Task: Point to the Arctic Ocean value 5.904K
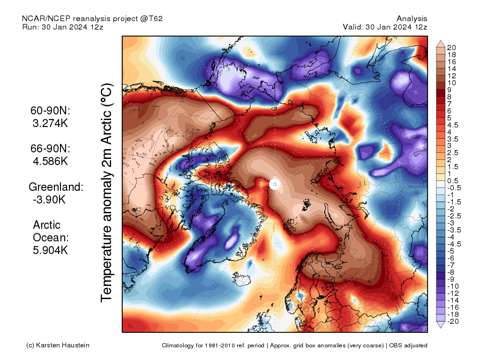click(x=51, y=250)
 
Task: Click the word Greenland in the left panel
click(x=56, y=187)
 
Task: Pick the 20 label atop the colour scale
click(x=452, y=48)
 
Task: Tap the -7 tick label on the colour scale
click(x=450, y=265)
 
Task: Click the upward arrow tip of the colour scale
click(x=440, y=42)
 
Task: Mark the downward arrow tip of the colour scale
click(x=440, y=326)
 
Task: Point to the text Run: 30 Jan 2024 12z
click(x=63, y=27)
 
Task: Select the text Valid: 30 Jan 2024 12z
click(x=385, y=27)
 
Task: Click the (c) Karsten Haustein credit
click(x=58, y=345)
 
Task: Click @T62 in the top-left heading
click(x=151, y=18)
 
